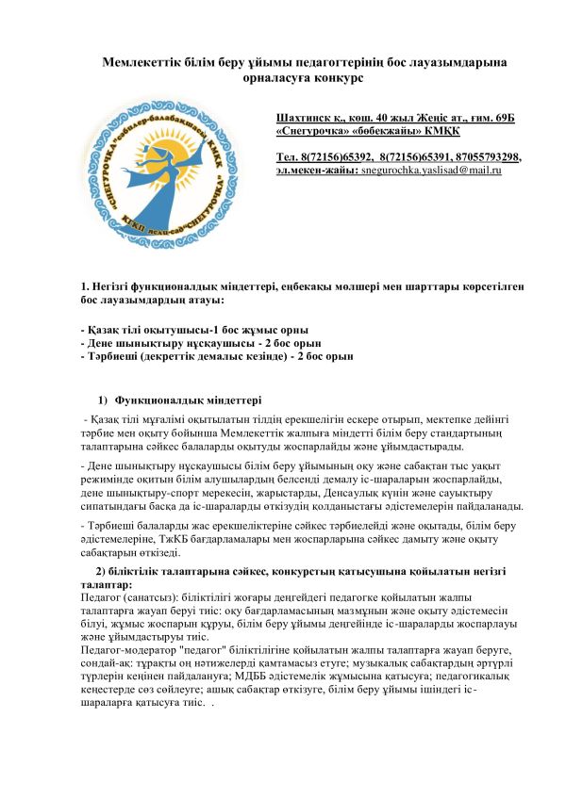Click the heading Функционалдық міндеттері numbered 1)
(x=175, y=402)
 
